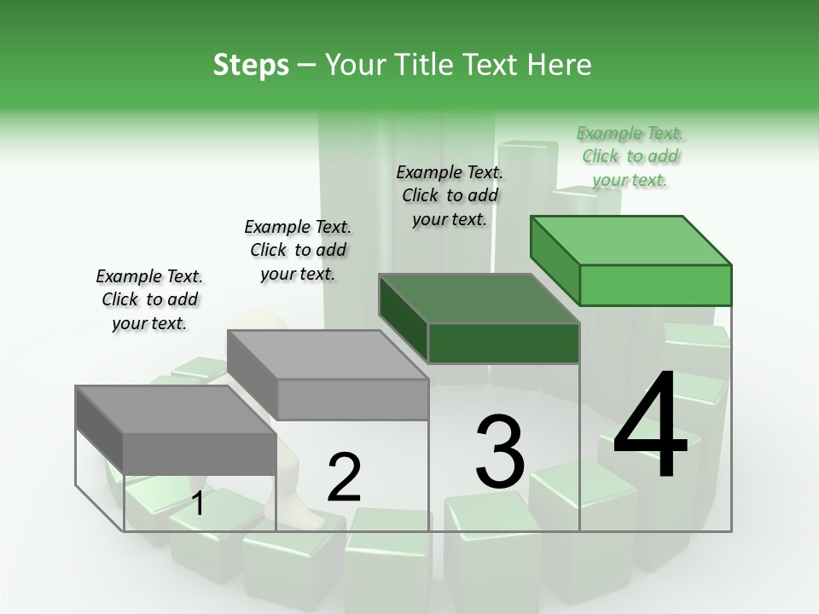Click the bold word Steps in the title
(x=251, y=65)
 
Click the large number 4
(x=650, y=426)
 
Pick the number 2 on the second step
(x=344, y=478)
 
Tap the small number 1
(x=198, y=504)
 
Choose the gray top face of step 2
(x=328, y=355)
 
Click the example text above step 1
(x=149, y=299)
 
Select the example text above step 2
(x=298, y=250)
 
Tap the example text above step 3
(x=450, y=195)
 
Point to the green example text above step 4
(x=630, y=156)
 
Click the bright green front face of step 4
(x=655, y=285)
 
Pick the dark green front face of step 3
(x=503, y=343)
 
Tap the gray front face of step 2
(x=351, y=399)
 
